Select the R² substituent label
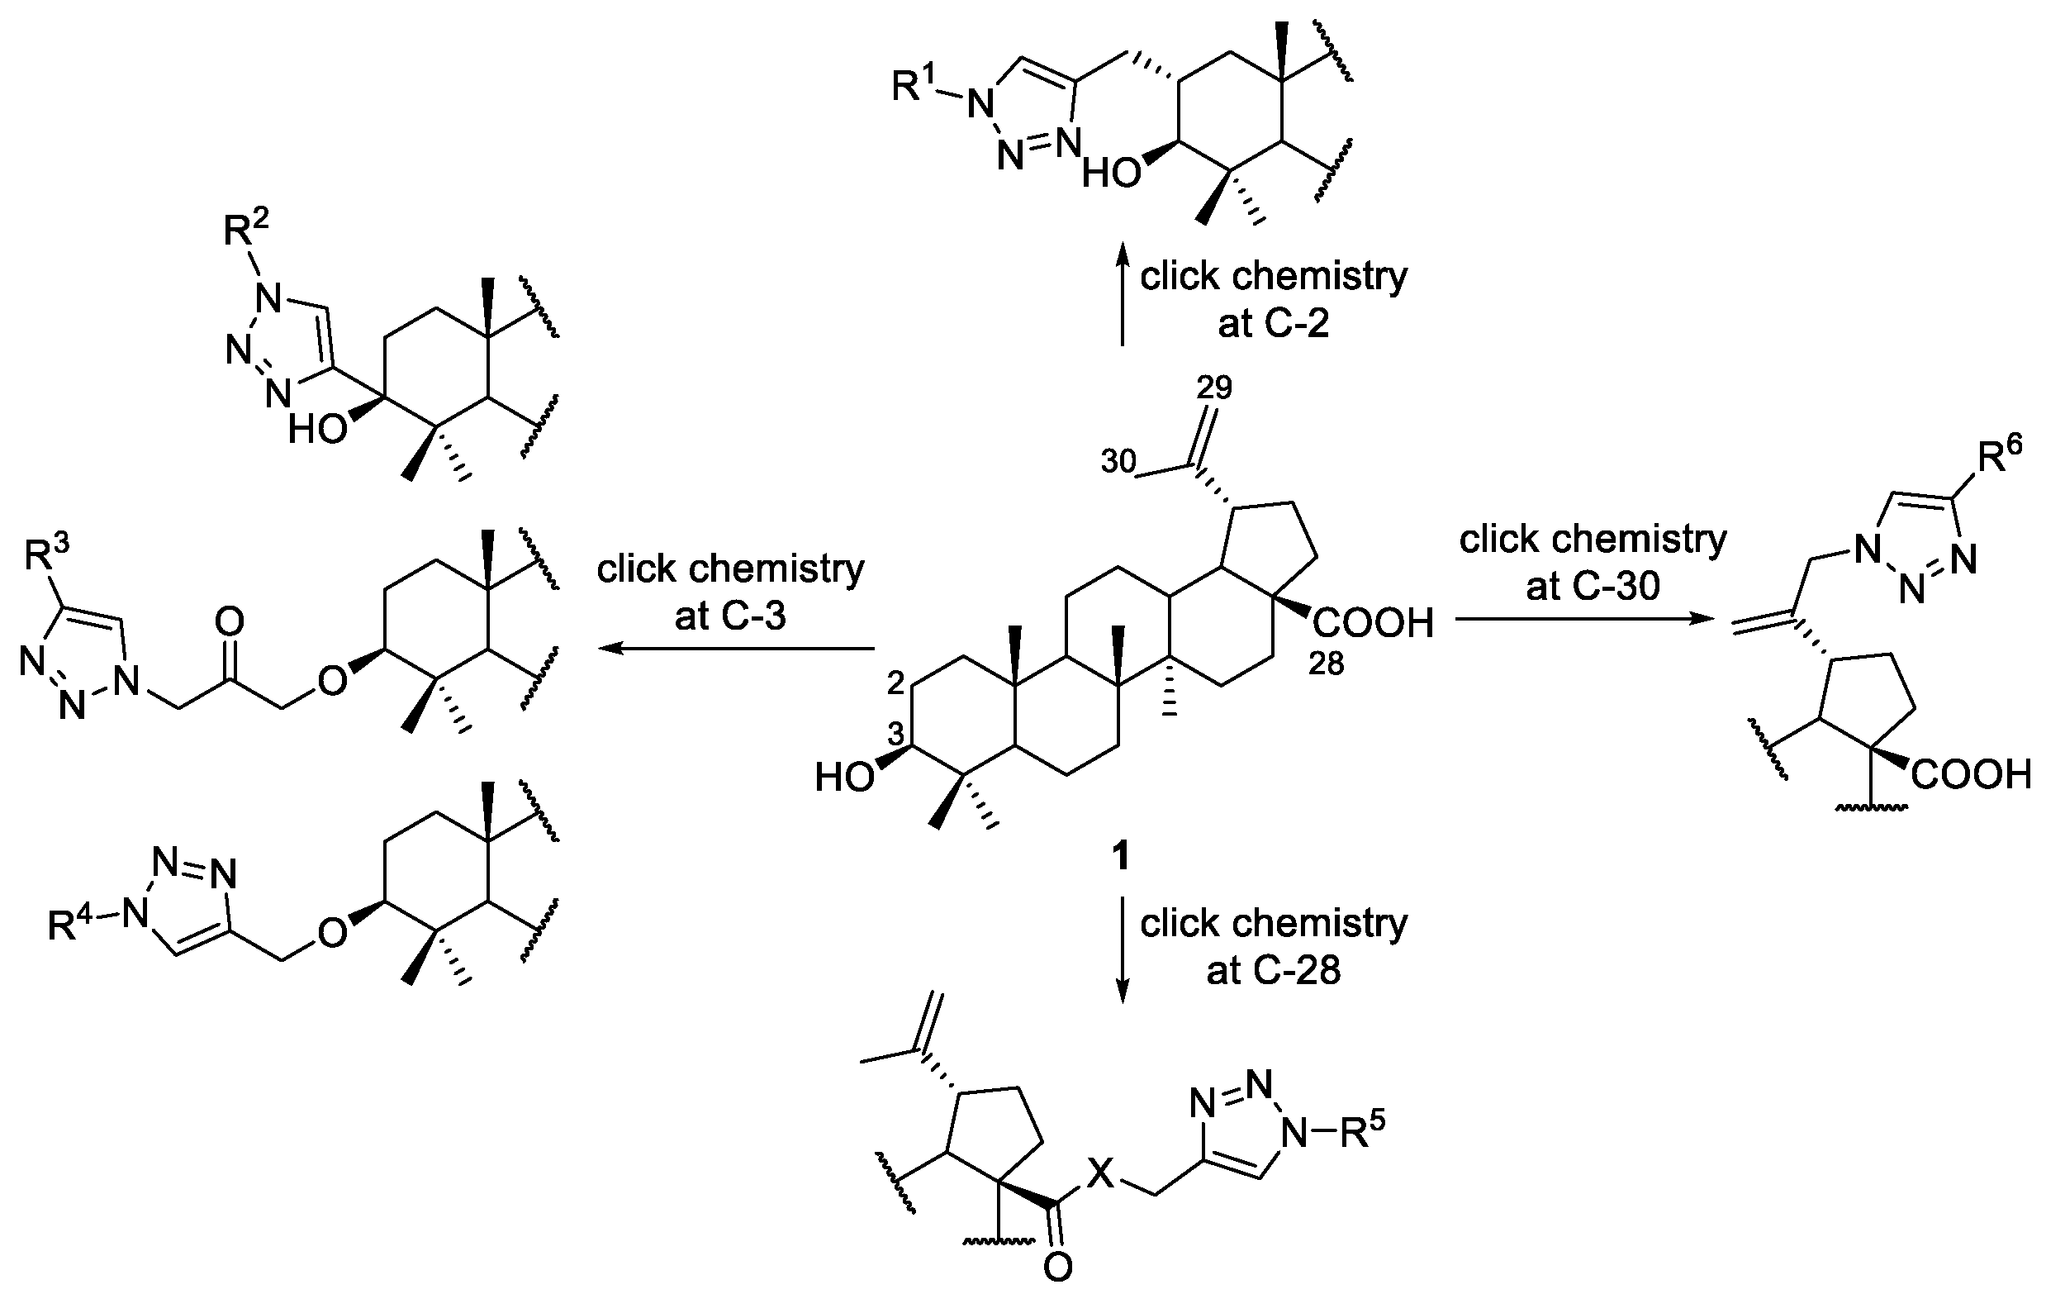(x=245, y=229)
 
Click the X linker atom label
(x=1100, y=1175)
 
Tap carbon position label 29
(x=1214, y=388)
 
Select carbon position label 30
(x=1118, y=462)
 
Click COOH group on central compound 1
(x=1373, y=623)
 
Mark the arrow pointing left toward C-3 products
(x=737, y=649)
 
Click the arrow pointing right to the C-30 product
(x=1583, y=619)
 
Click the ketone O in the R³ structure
(x=230, y=621)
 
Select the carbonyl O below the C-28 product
(x=1057, y=1268)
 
